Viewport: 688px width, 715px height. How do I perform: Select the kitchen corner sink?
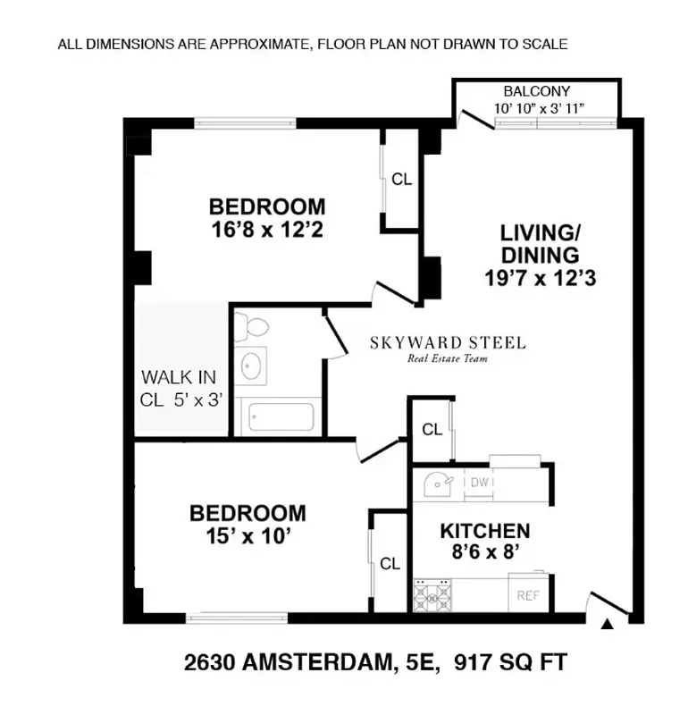(436, 484)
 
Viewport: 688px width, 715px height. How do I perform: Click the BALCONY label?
(536, 92)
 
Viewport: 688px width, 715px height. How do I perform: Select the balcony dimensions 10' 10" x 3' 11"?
(538, 109)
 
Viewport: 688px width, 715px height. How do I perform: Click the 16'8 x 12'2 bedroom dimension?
(267, 230)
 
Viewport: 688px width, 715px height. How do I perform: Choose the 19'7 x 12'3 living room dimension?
(540, 278)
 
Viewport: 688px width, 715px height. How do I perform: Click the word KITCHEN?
(485, 531)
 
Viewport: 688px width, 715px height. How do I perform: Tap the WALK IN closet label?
(178, 377)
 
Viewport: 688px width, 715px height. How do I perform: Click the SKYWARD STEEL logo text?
(449, 343)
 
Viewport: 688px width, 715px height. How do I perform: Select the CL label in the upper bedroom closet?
(402, 179)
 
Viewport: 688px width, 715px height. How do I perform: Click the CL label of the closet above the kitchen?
(432, 430)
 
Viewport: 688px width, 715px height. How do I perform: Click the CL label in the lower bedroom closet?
(390, 564)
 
